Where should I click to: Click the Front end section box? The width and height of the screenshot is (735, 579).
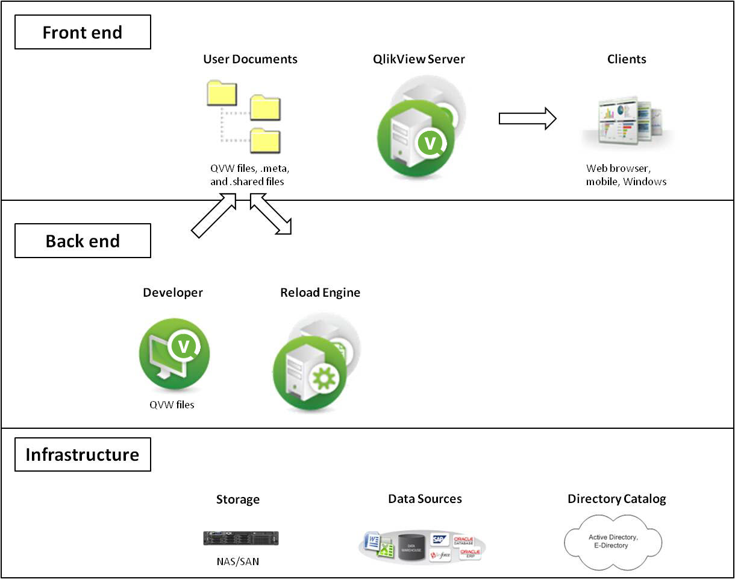point(83,32)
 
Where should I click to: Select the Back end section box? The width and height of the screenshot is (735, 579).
point(83,241)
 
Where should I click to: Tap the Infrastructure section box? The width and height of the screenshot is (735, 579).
point(83,454)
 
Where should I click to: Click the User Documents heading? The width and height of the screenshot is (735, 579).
point(250,59)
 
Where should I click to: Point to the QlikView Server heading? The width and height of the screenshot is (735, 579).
point(419,59)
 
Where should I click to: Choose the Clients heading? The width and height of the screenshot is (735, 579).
point(627,59)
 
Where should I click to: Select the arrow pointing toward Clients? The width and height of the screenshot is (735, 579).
point(527,118)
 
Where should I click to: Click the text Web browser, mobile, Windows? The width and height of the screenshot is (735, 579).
point(626,175)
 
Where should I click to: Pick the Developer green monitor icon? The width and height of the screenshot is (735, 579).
point(174,353)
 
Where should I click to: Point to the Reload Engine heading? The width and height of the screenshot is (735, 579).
point(320,293)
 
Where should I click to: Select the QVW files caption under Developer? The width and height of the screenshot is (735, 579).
point(172,405)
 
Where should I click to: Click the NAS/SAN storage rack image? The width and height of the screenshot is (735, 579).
point(241,538)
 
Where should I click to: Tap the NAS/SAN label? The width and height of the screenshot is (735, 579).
point(238,562)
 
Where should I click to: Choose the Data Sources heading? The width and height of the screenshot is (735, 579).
point(425,499)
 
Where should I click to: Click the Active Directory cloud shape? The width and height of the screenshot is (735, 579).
point(613,541)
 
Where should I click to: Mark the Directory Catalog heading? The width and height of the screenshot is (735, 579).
point(617,499)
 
